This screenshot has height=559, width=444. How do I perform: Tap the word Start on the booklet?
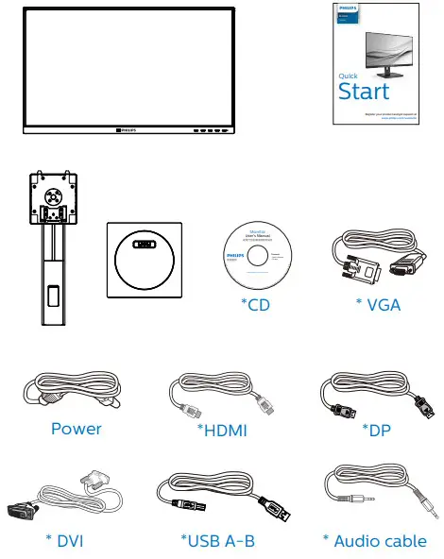[363, 91]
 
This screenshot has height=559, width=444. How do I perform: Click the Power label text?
[77, 429]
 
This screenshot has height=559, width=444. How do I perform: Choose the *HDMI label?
[222, 431]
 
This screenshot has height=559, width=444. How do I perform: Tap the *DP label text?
[376, 430]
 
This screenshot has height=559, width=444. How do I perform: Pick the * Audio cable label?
[374, 541]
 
